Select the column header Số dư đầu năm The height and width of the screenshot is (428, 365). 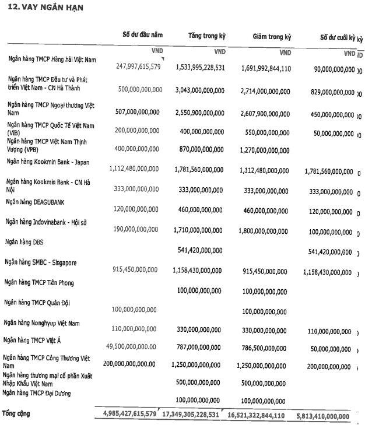coord(143,36)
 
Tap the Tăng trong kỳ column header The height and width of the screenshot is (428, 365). coord(206,36)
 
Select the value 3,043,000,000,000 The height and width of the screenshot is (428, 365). coord(199,92)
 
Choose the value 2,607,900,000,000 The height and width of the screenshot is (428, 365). coord(265,113)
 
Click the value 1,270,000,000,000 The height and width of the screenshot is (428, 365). coord(265,150)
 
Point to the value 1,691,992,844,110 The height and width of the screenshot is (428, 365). coord(265,68)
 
